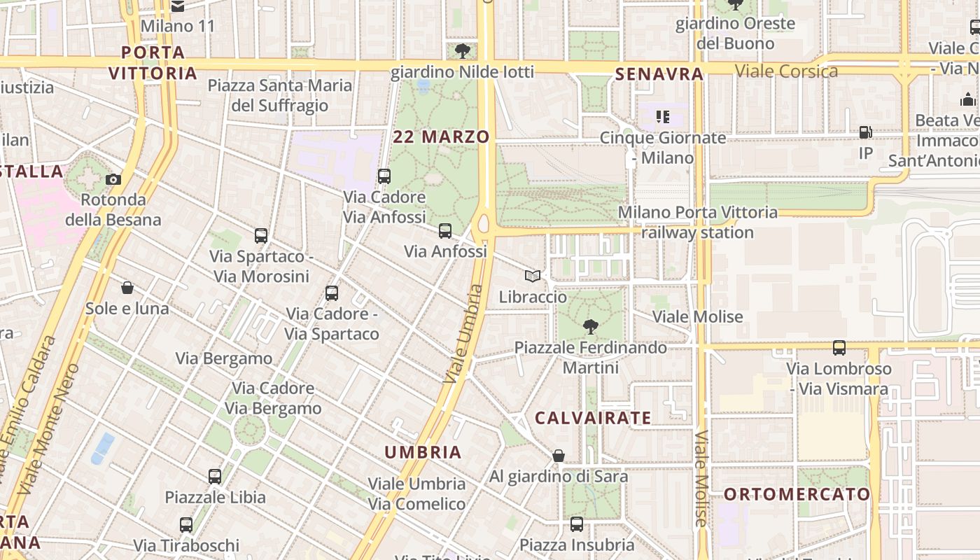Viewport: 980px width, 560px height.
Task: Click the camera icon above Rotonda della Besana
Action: (113, 179)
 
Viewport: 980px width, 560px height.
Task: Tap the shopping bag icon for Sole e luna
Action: (127, 288)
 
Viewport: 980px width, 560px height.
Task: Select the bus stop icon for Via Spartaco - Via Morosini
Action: (261, 236)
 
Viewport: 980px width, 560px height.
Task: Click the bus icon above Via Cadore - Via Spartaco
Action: (332, 293)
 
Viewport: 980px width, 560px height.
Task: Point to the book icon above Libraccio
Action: (533, 276)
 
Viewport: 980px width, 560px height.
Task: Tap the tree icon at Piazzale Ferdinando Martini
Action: (591, 326)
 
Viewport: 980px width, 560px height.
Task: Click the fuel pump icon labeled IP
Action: (866, 132)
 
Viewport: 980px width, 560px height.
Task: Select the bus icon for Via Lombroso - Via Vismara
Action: (839, 348)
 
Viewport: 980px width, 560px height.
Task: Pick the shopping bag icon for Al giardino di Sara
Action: (559, 456)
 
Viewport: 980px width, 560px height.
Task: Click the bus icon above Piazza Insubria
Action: (577, 524)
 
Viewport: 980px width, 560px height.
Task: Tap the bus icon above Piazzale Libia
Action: (215, 477)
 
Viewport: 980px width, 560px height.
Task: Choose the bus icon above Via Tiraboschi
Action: (186, 524)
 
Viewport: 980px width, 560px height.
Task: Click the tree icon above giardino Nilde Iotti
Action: (462, 50)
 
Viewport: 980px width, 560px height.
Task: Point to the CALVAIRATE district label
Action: (593, 418)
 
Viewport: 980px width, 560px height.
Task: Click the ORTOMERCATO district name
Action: (797, 494)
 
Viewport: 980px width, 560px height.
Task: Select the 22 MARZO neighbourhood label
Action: (441, 136)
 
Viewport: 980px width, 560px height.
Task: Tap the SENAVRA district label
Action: (659, 74)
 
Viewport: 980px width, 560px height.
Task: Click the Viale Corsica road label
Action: (786, 71)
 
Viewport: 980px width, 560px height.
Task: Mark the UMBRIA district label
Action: (423, 452)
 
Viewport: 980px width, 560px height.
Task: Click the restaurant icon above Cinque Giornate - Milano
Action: (663, 116)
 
